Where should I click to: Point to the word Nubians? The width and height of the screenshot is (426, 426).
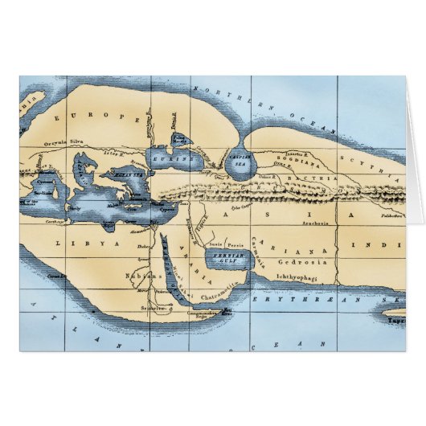coord(141,276)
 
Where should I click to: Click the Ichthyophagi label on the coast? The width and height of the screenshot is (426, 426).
coord(299,275)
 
